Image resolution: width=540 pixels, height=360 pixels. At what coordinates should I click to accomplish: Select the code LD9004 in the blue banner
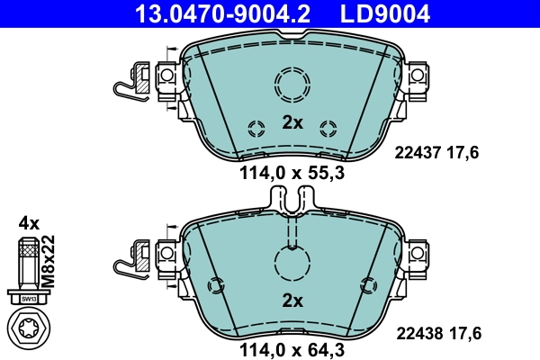pyautogui.click(x=384, y=13)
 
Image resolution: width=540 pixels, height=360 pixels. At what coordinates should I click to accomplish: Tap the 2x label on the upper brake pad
pyautogui.click(x=292, y=123)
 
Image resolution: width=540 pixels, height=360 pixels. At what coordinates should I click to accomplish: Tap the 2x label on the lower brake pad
pyautogui.click(x=292, y=301)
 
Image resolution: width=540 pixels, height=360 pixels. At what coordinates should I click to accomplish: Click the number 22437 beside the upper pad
pyautogui.click(x=415, y=153)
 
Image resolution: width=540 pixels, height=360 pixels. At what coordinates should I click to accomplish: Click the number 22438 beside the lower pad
pyautogui.click(x=415, y=333)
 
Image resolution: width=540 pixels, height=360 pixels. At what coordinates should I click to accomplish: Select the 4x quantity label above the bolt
pyautogui.click(x=28, y=221)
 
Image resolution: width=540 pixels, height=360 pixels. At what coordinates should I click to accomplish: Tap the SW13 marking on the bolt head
pyautogui.click(x=29, y=298)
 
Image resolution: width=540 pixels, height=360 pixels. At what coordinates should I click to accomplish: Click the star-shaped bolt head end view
pyautogui.click(x=29, y=328)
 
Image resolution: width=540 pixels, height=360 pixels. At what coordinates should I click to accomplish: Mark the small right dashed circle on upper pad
pyautogui.click(x=328, y=126)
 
